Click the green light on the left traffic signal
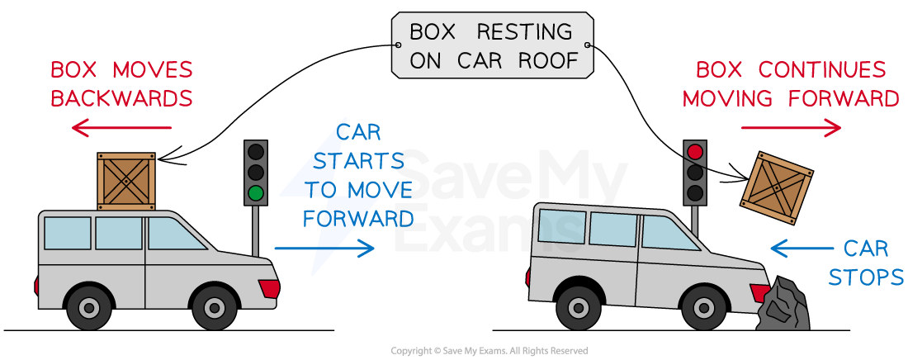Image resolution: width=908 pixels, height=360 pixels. coord(256,194)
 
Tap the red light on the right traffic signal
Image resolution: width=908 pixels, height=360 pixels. coord(695,152)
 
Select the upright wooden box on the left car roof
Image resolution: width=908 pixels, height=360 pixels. coord(126,181)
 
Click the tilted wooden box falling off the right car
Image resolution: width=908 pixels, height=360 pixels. coord(777,188)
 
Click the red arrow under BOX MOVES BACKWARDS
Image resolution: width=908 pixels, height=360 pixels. coord(121,128)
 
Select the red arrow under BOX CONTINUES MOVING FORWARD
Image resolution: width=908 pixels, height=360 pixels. coord(791,128)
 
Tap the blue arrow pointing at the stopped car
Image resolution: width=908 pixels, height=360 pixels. coord(802,247)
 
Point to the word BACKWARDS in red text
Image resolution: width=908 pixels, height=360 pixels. coord(121,98)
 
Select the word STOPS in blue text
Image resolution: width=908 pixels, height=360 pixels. coord(866,277)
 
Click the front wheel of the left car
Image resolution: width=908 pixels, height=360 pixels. coord(215,308)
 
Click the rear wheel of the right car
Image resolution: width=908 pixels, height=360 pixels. coord(579,308)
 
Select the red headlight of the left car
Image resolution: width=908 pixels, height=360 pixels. coord(269,288)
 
